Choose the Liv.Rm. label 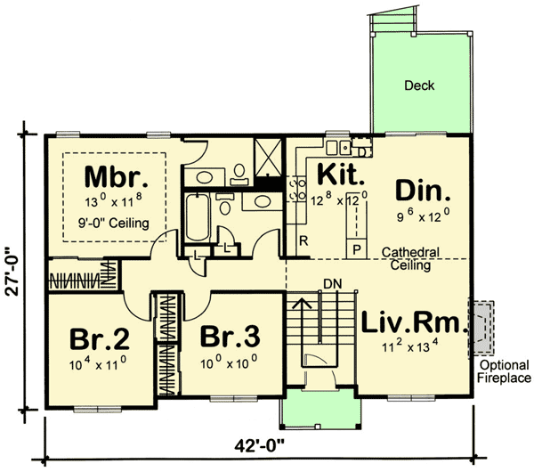415,323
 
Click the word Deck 418,86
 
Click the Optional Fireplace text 504,371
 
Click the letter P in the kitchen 358,248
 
